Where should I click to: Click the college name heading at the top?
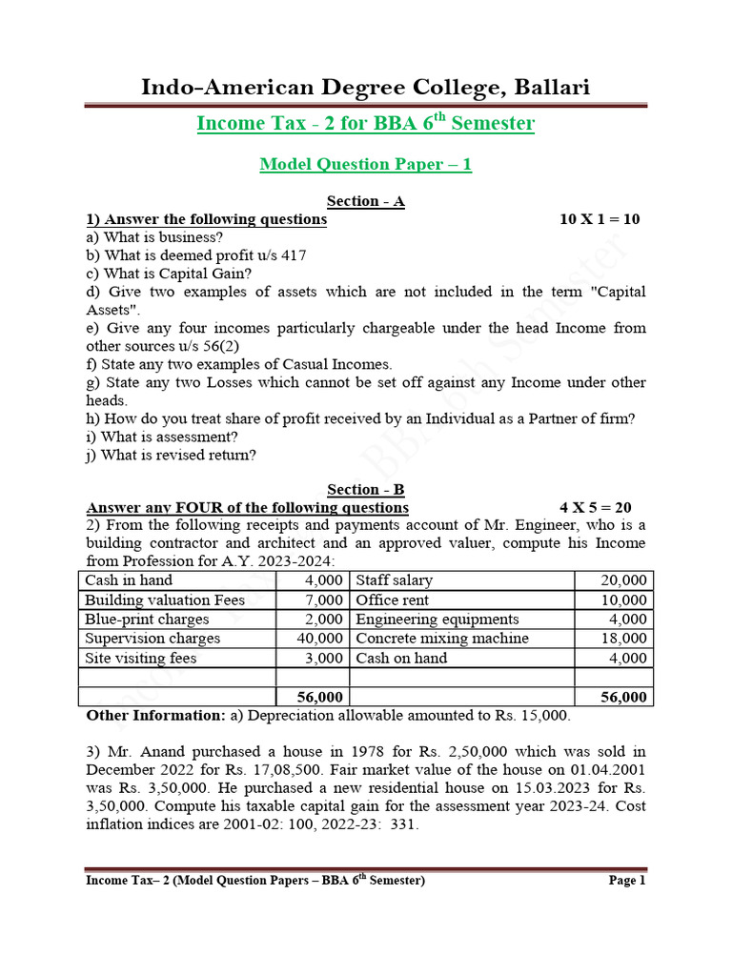tap(365, 88)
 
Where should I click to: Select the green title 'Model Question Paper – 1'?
tap(365, 164)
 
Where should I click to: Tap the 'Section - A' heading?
tap(365, 201)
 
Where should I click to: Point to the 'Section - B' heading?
tap(365, 490)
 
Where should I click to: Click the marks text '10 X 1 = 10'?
tap(600, 219)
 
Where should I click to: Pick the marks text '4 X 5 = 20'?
tap(595, 508)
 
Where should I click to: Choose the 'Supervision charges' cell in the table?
tap(152, 639)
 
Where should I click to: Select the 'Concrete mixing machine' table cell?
tap(441, 639)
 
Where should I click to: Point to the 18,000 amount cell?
tap(625, 639)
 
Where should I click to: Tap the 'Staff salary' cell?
tap(394, 580)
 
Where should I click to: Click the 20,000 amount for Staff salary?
tap(625, 580)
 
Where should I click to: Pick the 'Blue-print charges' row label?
tap(147, 620)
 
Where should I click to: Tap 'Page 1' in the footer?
tap(627, 881)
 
